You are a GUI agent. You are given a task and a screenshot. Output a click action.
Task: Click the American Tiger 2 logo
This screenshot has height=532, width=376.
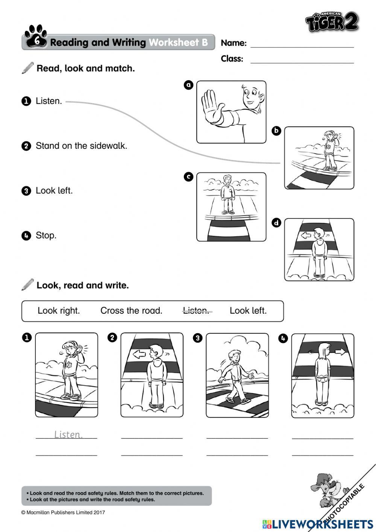coord(332,22)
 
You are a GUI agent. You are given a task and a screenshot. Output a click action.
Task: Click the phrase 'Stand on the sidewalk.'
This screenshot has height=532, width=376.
coord(81,146)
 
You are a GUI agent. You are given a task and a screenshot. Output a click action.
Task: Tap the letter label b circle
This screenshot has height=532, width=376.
coord(276,131)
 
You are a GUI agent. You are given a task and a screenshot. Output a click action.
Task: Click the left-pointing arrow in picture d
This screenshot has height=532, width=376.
coord(306,235)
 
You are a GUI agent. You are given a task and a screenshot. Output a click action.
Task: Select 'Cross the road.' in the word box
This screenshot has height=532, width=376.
coord(131,311)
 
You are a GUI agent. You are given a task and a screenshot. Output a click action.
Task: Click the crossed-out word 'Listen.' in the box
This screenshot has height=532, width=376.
coord(196,311)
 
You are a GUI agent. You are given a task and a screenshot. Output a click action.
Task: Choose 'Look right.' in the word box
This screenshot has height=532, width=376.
coord(59,311)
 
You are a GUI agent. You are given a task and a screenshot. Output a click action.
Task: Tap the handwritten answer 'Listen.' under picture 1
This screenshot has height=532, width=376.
coord(68,434)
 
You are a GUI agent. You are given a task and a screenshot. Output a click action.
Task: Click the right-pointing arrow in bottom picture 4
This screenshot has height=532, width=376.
coord(340,352)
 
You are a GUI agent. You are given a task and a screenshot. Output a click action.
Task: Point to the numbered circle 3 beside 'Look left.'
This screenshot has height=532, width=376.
coord(26,191)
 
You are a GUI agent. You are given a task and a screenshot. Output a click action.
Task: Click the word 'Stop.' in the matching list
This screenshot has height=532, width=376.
coord(46,235)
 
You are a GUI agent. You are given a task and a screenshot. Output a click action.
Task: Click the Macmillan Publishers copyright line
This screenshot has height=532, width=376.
coord(63,512)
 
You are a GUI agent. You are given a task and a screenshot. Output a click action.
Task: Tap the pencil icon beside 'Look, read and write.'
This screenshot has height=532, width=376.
coord(27,285)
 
